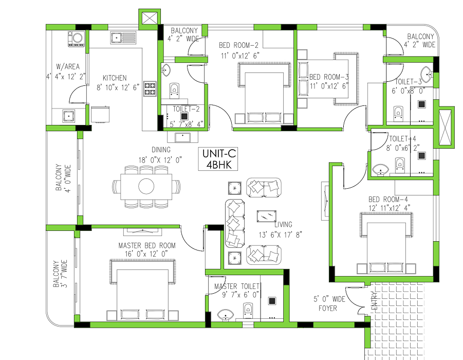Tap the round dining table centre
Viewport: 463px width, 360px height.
click(x=145, y=186)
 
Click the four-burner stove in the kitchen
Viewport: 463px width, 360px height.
click(x=150, y=89)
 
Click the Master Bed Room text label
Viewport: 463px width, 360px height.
click(x=146, y=246)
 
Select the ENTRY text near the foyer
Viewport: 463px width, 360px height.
click(x=374, y=301)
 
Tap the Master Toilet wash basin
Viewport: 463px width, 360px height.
click(x=225, y=314)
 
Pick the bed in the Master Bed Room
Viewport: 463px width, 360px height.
click(x=141, y=290)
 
